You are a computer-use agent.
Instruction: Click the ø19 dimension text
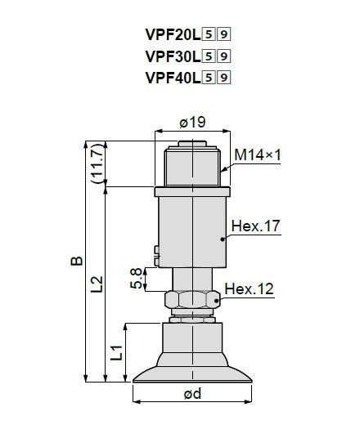pyautogui.click(x=192, y=123)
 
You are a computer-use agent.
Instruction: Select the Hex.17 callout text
pyautogui.click(x=256, y=226)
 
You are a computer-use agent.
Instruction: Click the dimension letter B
pyautogui.click(x=76, y=261)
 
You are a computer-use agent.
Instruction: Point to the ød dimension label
pyautogui.click(x=192, y=394)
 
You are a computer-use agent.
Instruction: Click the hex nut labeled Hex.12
pyautogui.click(x=192, y=299)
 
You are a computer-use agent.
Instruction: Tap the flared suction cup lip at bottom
pyautogui.click(x=192, y=374)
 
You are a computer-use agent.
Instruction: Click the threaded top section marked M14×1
pyautogui.click(x=192, y=166)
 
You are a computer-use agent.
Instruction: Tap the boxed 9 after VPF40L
pyautogui.click(x=226, y=78)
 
